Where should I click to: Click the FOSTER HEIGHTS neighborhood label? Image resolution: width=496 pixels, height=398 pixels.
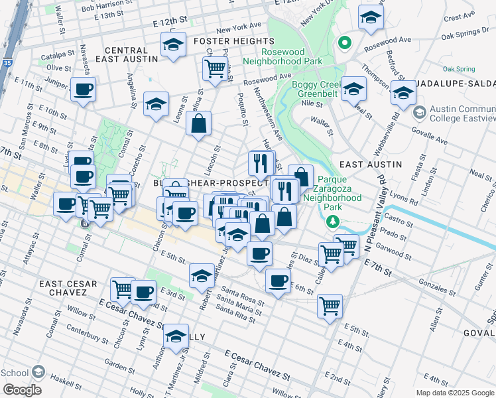(x=225, y=41)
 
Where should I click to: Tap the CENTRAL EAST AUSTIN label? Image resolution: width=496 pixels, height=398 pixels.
(x=125, y=56)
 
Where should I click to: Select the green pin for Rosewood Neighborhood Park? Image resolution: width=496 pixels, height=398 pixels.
(x=344, y=44)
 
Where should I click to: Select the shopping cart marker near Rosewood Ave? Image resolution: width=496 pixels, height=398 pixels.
(x=215, y=68)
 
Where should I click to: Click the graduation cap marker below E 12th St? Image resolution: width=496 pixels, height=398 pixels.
(x=173, y=46)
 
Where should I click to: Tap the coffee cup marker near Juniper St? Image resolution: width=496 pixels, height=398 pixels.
(x=83, y=90)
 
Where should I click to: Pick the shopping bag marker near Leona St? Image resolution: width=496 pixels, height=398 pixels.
(x=198, y=123)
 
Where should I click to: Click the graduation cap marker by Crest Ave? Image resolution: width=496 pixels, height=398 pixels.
(x=371, y=18)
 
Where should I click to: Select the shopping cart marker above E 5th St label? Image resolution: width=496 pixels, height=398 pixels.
(x=330, y=306)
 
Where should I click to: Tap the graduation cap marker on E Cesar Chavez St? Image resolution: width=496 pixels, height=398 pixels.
(x=175, y=337)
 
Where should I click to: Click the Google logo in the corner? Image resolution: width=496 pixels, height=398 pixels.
(x=21, y=390)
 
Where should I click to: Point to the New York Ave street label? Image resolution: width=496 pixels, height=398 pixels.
(x=239, y=29)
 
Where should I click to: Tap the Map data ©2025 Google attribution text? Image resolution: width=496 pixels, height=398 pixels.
(x=455, y=393)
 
